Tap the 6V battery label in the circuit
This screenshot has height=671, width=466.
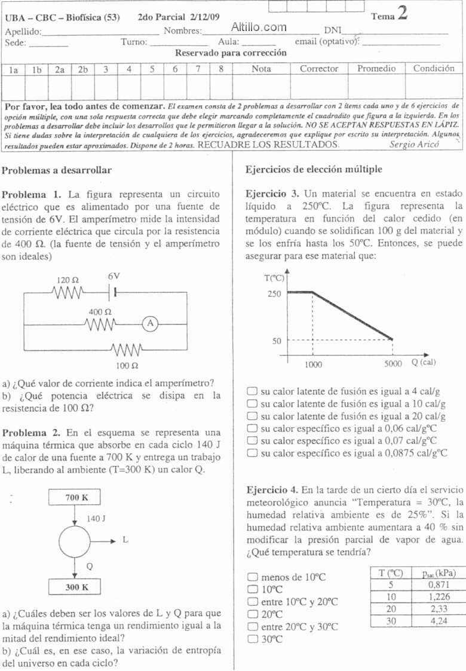114,277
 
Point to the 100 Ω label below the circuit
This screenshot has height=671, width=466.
127,364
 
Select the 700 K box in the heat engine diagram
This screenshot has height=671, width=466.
75,497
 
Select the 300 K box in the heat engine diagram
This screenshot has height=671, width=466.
75,587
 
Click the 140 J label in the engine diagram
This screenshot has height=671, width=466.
96,519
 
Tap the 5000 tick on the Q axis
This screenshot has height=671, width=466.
393,363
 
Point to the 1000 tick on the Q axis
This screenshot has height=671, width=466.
313,363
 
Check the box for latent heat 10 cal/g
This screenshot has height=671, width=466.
252,404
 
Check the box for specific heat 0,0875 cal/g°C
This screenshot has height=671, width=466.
252,454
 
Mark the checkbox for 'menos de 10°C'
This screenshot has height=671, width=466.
252,577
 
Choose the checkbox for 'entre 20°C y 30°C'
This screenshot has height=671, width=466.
252,627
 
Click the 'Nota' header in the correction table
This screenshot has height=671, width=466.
261,69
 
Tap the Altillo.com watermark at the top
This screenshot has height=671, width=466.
258,27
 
